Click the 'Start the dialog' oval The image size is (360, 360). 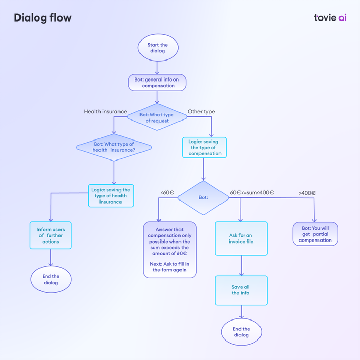coord(158,48)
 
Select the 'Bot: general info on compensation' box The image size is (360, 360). coord(157,83)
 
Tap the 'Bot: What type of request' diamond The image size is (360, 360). coord(157,117)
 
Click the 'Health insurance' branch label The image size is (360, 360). coord(105,112)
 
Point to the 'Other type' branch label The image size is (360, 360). coord(202,112)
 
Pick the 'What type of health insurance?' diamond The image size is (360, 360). coord(114,147)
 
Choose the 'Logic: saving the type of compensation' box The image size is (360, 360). coord(204,147)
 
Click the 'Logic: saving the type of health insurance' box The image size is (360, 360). coord(111,195)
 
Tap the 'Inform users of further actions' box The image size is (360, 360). coord(50,235)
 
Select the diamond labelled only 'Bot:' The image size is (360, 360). coord(203,197)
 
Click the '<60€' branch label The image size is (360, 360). coord(167,192)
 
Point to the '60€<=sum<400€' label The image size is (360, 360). coord(252,192)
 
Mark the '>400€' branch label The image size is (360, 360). coord(307,193)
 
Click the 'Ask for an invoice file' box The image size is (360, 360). coord(242,238)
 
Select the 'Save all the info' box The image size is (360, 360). coord(242,290)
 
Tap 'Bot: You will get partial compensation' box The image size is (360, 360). coord(315,234)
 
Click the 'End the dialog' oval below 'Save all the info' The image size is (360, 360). coord(242,332)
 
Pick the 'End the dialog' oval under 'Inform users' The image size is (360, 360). coord(51,279)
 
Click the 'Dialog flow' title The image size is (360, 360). coord(43,17)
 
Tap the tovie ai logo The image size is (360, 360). coord(330,17)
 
